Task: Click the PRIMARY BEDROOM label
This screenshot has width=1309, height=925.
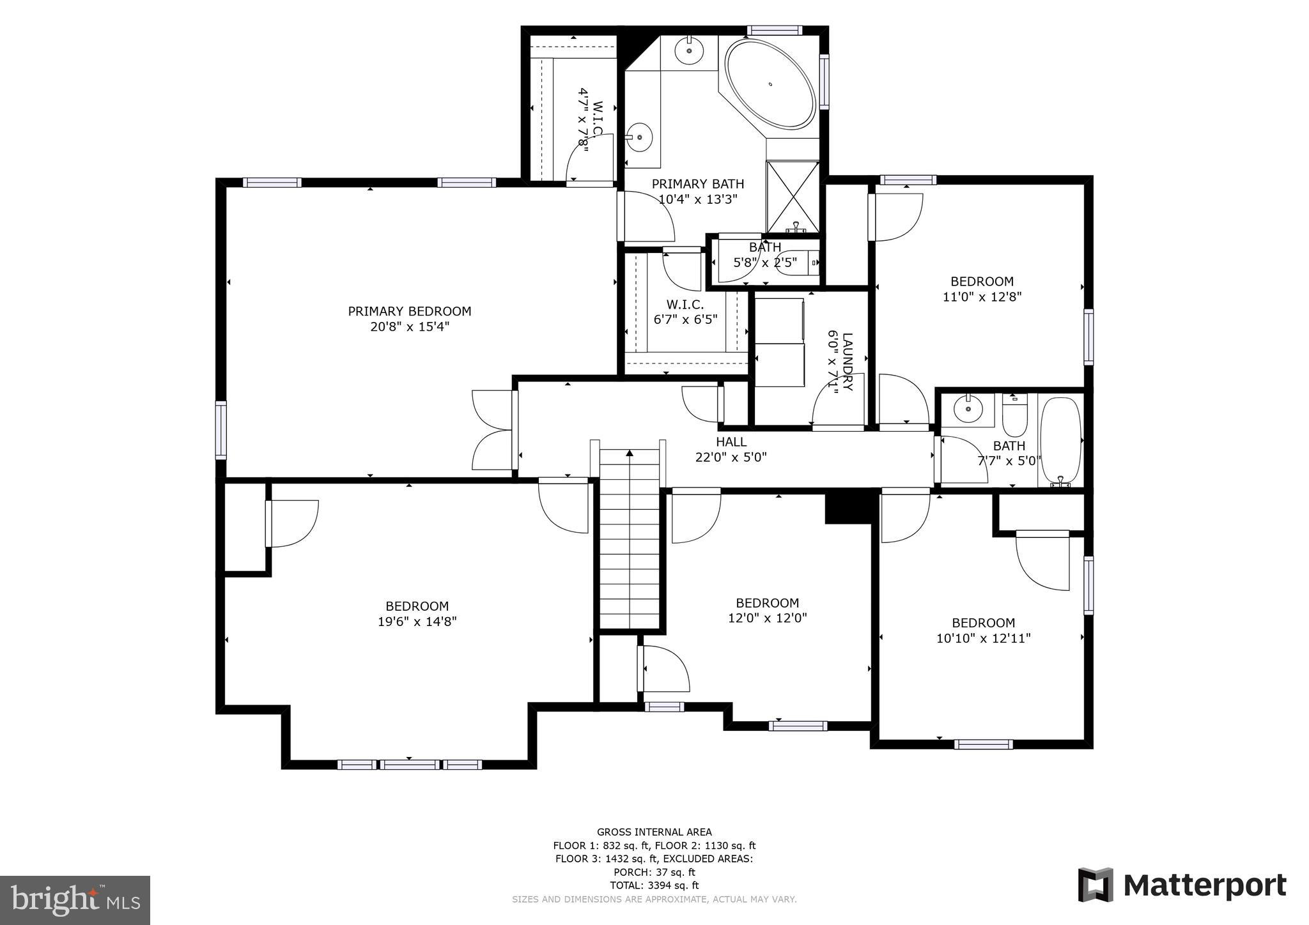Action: click(x=409, y=312)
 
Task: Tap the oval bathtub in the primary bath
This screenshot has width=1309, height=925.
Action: click(x=770, y=84)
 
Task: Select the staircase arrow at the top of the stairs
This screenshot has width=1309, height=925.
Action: click(x=630, y=454)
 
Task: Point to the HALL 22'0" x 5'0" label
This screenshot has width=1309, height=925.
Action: click(x=731, y=450)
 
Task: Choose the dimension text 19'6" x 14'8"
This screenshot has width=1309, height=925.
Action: click(x=417, y=622)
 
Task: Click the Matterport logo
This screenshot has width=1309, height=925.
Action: click(x=1182, y=885)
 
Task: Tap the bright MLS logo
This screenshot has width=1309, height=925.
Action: click(x=75, y=900)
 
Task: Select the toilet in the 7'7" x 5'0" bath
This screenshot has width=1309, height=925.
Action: click(x=1014, y=416)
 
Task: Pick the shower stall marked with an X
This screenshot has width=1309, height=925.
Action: click(x=793, y=196)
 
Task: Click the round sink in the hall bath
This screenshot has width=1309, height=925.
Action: click(x=968, y=409)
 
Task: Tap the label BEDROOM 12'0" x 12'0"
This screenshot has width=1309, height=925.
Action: click(x=767, y=611)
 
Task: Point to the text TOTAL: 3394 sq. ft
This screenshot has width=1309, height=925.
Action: click(x=654, y=885)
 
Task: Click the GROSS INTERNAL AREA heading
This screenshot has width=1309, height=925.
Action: click(x=654, y=832)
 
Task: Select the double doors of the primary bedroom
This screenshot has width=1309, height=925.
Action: click(x=493, y=430)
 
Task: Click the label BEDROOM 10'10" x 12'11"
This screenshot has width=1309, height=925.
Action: click(x=983, y=631)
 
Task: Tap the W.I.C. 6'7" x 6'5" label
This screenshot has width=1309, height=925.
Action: click(x=685, y=312)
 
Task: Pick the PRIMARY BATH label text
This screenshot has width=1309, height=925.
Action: click(x=697, y=184)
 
